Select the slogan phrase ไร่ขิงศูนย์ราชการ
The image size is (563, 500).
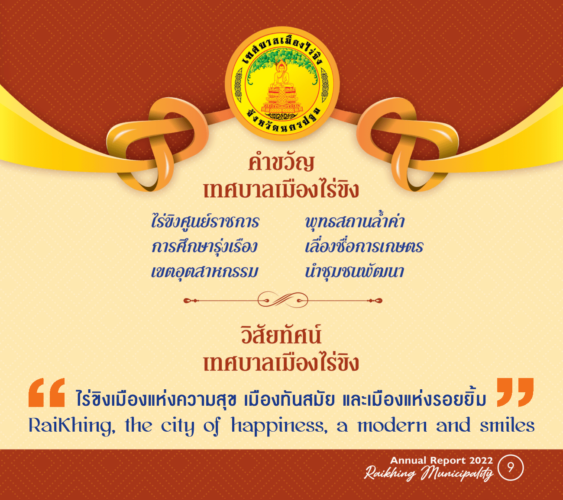click(x=205, y=222)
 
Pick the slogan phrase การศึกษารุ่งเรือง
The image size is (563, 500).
click(x=204, y=247)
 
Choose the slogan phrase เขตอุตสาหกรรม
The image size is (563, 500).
click(x=204, y=272)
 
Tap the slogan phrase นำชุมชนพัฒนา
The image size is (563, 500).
click(x=354, y=272)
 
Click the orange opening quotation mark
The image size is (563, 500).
click(x=47, y=393)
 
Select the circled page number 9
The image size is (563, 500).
click(x=511, y=468)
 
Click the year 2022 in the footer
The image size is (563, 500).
click(x=481, y=460)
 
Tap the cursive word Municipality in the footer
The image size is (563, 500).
click(x=457, y=473)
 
